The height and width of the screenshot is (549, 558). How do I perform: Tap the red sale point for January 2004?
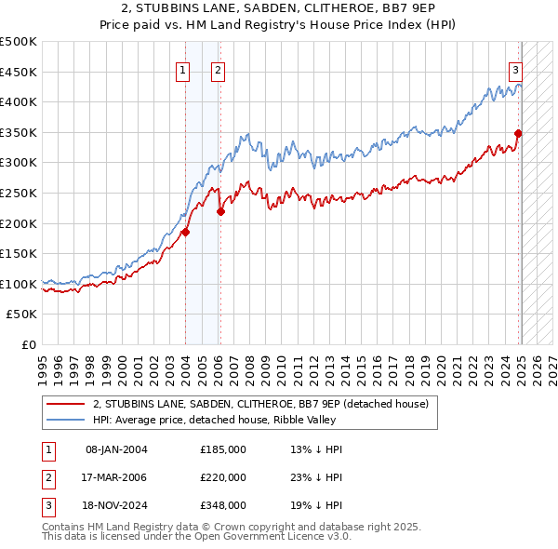tap(185, 233)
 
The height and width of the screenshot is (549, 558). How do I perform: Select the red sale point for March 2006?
tap(220, 211)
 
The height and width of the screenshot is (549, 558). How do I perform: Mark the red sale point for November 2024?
tap(518, 133)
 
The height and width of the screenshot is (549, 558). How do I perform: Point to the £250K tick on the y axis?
tap(20, 193)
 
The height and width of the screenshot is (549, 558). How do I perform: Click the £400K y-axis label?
tap(20, 102)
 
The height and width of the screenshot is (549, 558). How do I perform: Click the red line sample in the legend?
tap(66, 404)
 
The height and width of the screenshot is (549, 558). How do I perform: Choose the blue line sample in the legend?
tap(66, 420)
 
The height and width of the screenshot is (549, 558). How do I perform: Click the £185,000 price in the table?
tap(223, 449)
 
